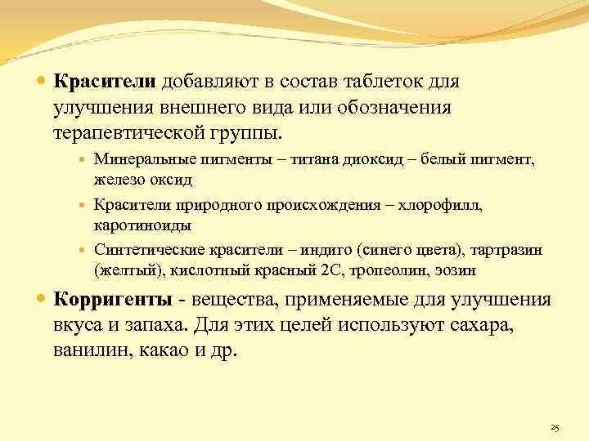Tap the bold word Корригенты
coord(114,299)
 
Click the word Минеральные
coord(139,160)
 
